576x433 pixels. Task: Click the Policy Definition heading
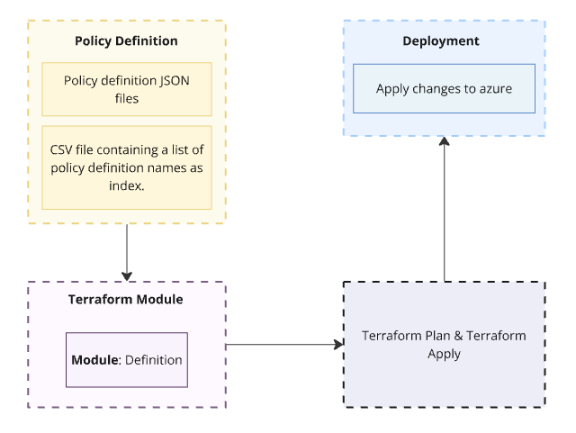(x=126, y=41)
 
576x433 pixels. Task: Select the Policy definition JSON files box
(x=126, y=88)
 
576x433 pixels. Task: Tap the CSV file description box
(x=126, y=167)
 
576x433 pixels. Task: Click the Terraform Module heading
(x=126, y=301)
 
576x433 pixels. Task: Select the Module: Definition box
(x=126, y=360)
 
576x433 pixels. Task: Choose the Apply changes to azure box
(x=444, y=88)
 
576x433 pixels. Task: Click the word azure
(x=495, y=88)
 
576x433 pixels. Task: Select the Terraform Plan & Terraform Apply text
(x=444, y=345)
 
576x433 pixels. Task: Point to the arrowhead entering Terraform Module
(x=127, y=275)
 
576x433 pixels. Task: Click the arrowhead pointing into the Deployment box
(x=444, y=142)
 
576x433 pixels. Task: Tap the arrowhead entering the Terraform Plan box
(x=338, y=344)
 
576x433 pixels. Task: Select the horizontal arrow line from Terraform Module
(x=279, y=344)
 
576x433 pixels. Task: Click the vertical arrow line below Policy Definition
(x=127, y=248)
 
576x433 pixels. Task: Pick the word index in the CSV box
(x=126, y=185)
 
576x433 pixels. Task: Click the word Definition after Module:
(x=154, y=360)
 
